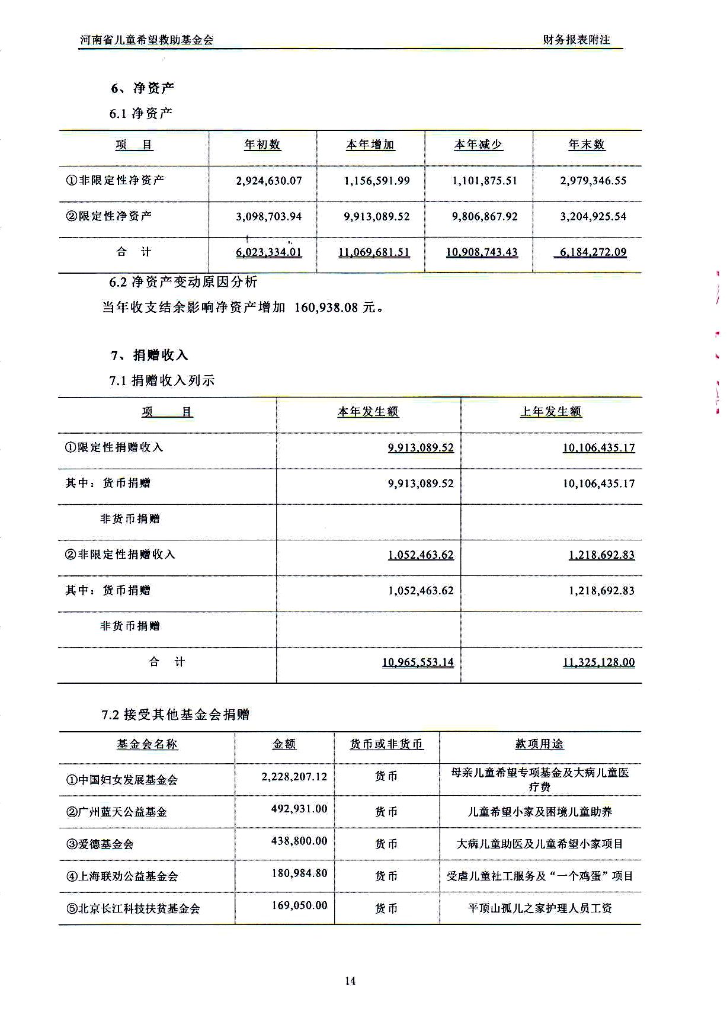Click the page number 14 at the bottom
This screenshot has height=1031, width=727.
(350, 981)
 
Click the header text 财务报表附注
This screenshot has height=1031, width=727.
(576, 40)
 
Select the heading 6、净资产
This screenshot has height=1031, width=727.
(142, 88)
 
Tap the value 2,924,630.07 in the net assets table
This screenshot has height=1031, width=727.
(268, 181)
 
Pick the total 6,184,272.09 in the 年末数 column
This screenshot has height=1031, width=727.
(593, 252)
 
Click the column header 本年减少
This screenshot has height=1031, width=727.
(478, 145)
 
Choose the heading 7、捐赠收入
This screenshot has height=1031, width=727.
(149, 355)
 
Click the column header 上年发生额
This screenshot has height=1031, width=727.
(550, 412)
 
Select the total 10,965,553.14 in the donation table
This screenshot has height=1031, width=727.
(418, 662)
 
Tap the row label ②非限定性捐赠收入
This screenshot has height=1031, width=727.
(120, 555)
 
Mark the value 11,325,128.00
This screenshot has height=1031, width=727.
(598, 662)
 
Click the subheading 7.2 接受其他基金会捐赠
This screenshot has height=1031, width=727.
(175, 715)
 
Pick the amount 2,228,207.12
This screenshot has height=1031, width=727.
(294, 776)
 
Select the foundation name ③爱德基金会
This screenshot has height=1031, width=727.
(100, 844)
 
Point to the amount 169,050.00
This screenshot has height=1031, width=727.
(299, 905)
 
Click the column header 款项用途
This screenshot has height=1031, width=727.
(539, 744)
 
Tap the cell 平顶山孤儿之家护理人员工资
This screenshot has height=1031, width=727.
(540, 908)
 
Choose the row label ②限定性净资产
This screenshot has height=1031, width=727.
(109, 216)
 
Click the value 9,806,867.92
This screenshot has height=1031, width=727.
(485, 217)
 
